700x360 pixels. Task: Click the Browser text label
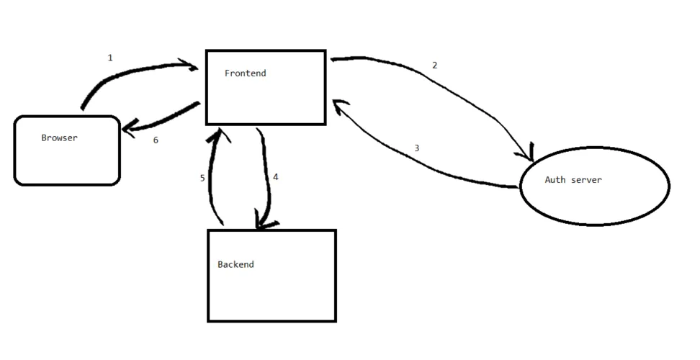tap(59, 138)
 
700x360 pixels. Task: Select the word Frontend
tap(245, 73)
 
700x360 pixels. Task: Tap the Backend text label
tap(235, 264)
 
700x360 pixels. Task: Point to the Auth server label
tap(573, 179)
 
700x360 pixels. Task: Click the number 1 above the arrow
tap(110, 58)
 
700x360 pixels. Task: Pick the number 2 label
tap(434, 66)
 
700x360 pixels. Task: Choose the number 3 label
tap(416, 148)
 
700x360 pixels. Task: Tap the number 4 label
tap(275, 176)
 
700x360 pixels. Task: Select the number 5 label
tap(202, 177)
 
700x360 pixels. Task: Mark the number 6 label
tap(156, 140)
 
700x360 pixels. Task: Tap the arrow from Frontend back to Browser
tap(162, 120)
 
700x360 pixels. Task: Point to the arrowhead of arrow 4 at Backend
tap(264, 222)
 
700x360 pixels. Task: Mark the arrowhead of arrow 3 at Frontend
tap(337, 107)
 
